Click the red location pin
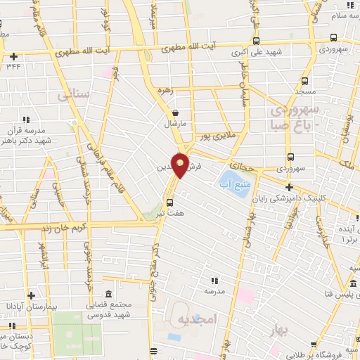pyautogui.click(x=180, y=165)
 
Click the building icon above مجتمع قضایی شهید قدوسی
pyautogui.click(x=108, y=293)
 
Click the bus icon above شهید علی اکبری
pyautogui.click(x=255, y=41)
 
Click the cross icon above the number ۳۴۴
pyautogui.click(x=13, y=56)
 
